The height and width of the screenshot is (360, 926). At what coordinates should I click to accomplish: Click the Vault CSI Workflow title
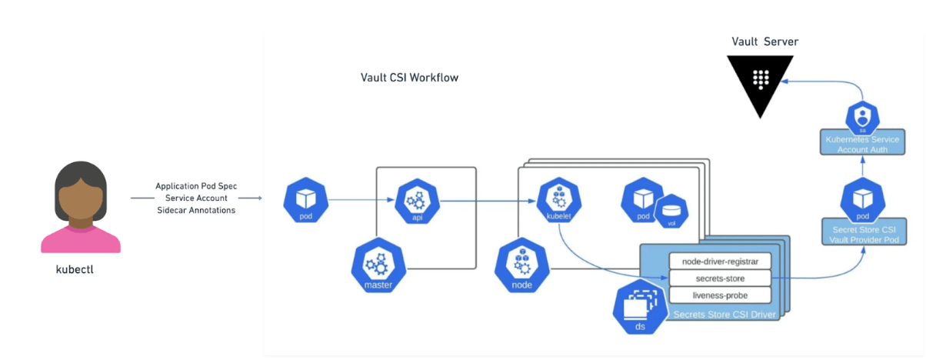[409, 78]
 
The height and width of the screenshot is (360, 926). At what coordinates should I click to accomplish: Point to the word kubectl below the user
[80, 270]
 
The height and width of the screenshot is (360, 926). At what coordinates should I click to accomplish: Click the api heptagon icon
[417, 201]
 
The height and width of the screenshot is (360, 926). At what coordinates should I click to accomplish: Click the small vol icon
[669, 212]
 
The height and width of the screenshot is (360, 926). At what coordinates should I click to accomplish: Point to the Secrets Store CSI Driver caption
[724, 315]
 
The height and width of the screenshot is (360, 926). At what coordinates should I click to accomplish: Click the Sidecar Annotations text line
[196, 210]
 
